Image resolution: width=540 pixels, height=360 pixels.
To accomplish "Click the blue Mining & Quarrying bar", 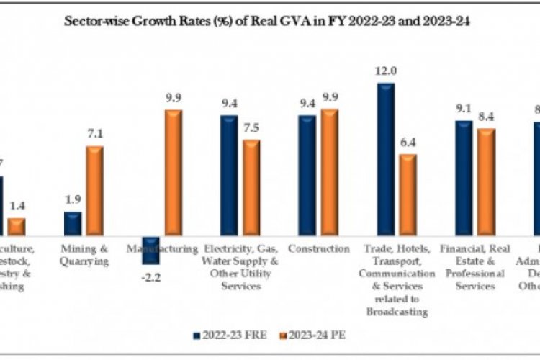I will pyautogui.click(x=73, y=224).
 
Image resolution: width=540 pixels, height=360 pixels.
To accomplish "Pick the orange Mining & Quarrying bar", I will pyautogui.click(x=95, y=191).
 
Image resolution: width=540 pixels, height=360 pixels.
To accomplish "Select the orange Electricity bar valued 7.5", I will pyautogui.click(x=251, y=188).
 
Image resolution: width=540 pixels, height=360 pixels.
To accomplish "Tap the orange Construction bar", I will pyautogui.click(x=330, y=173).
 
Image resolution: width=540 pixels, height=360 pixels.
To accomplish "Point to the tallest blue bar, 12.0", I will pyautogui.click(x=385, y=159).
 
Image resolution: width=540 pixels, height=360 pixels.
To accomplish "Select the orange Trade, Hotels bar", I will pyautogui.click(x=408, y=195).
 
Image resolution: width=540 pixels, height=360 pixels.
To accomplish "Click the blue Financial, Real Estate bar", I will pyautogui.click(x=464, y=178).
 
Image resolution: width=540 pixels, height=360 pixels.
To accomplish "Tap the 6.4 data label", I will pyautogui.click(x=408, y=143).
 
